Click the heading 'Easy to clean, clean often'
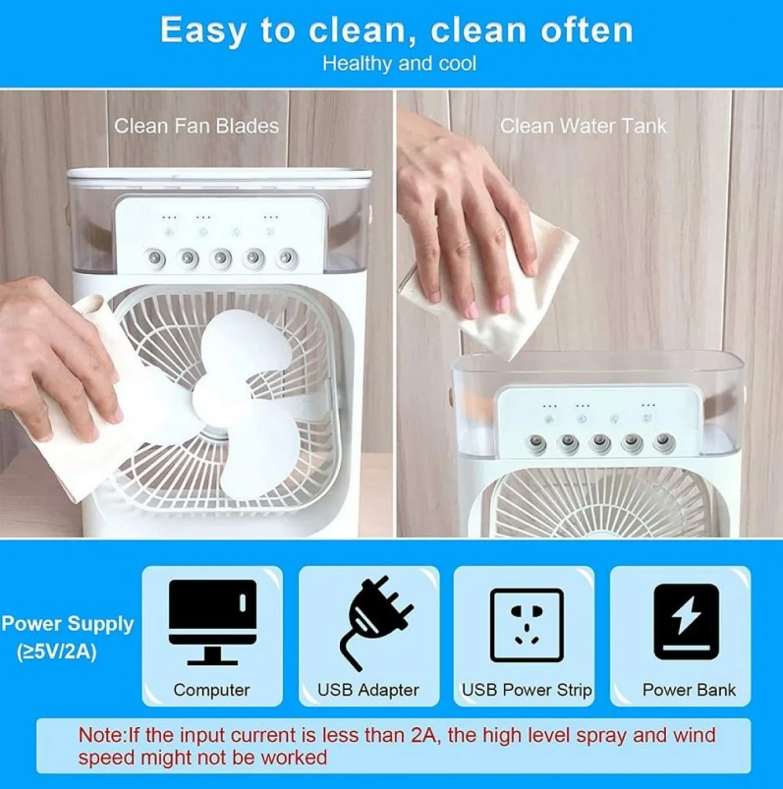397,31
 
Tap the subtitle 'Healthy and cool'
399,64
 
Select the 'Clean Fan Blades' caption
196,126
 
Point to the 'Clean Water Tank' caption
583,126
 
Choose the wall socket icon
527,625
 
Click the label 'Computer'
211,690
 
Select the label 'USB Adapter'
368,690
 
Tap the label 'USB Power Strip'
527,690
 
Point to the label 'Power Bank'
689,690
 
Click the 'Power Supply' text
68,625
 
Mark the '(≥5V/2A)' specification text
57,653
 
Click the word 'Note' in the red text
100,735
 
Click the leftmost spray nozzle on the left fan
155,258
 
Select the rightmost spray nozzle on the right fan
664,442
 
